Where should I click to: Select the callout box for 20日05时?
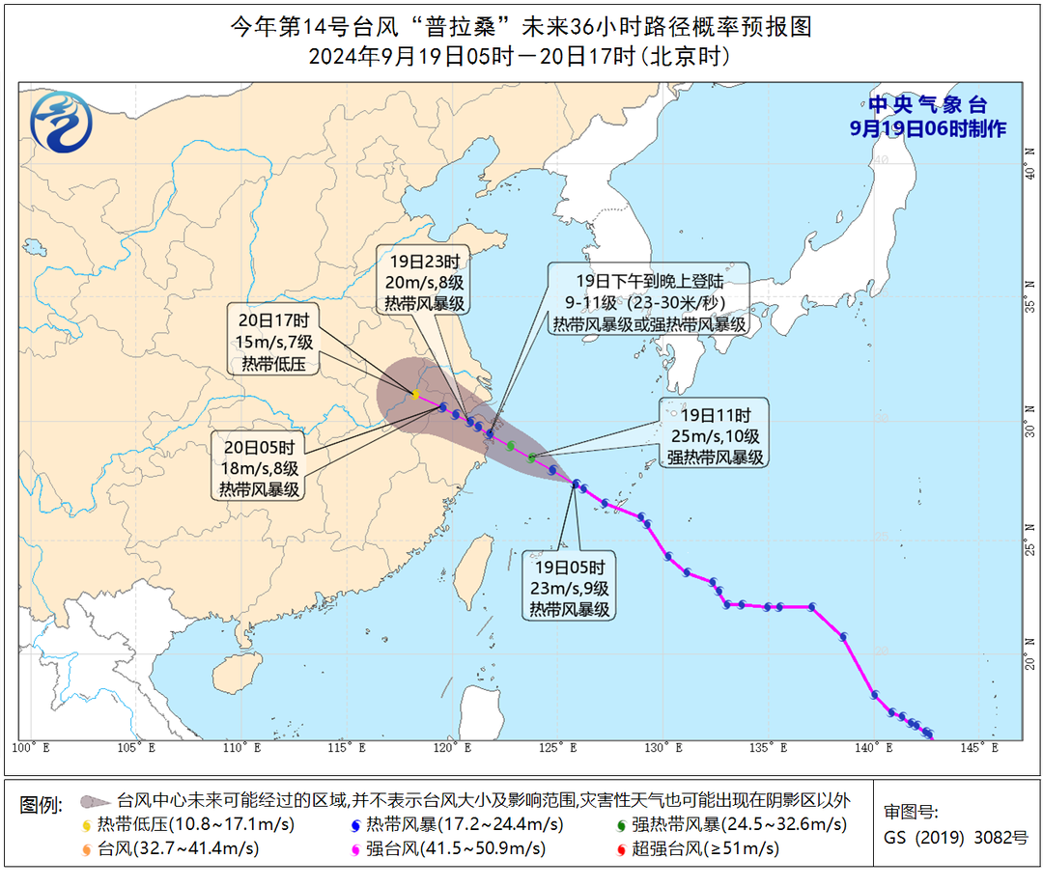click(x=259, y=468)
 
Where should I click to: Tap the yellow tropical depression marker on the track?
click(x=415, y=394)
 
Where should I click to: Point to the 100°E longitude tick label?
click(x=34, y=747)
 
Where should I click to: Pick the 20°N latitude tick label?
click(x=1030, y=661)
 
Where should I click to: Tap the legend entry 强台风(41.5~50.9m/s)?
click(x=444, y=849)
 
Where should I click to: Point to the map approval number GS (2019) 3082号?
click(x=956, y=837)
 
